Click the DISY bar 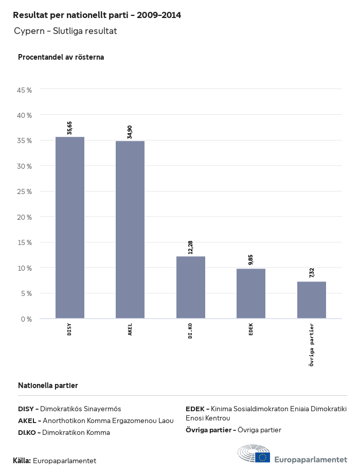[x=70, y=228]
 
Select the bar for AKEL [x=130, y=230]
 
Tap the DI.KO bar [x=191, y=288]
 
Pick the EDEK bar [x=251, y=294]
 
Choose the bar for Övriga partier [x=312, y=300]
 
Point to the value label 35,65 [x=70, y=128]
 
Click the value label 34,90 [x=130, y=132]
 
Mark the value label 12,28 [x=191, y=247]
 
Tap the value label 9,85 [x=251, y=260]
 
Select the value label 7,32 [x=312, y=273]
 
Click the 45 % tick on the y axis [x=25, y=90]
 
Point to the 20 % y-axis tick [x=25, y=217]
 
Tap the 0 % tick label [x=27, y=319]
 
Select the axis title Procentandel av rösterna [x=61, y=57]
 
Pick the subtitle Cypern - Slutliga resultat [x=65, y=31]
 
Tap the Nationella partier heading [x=48, y=385]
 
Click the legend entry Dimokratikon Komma [x=64, y=433]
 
